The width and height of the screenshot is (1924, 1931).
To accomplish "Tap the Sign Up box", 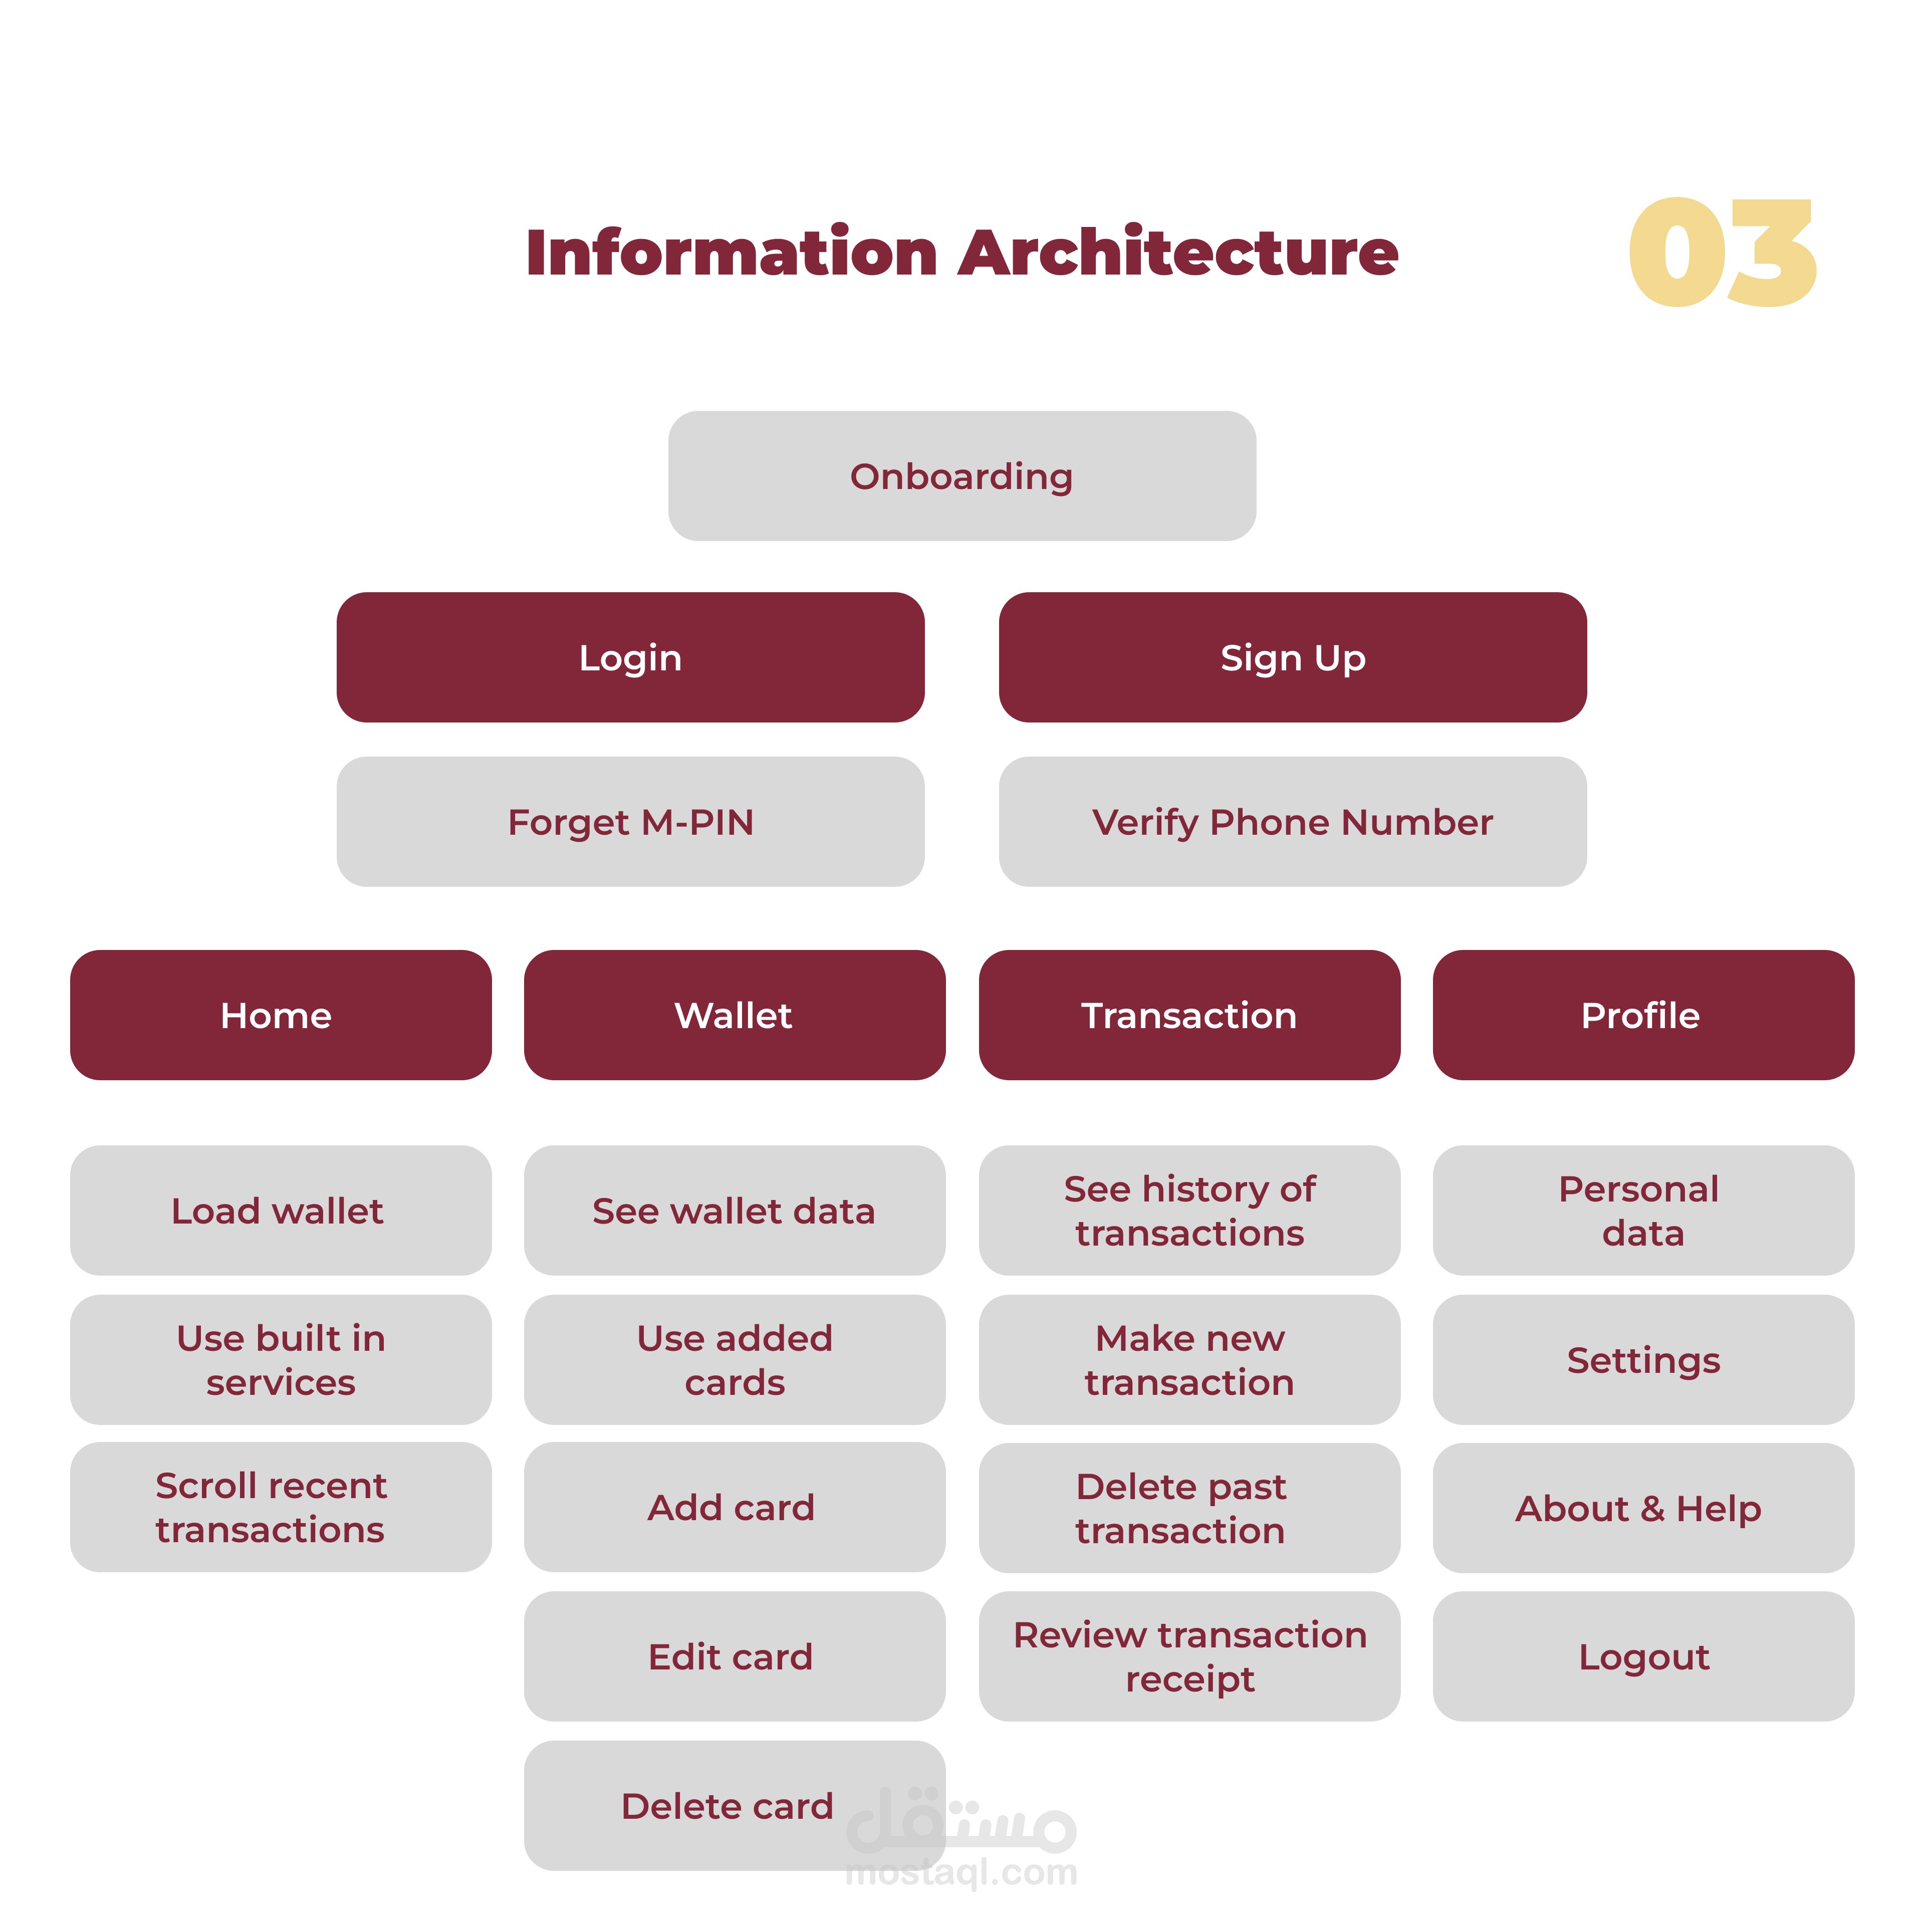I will [1292, 658].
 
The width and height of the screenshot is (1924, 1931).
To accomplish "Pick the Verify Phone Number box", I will [1292, 822].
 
